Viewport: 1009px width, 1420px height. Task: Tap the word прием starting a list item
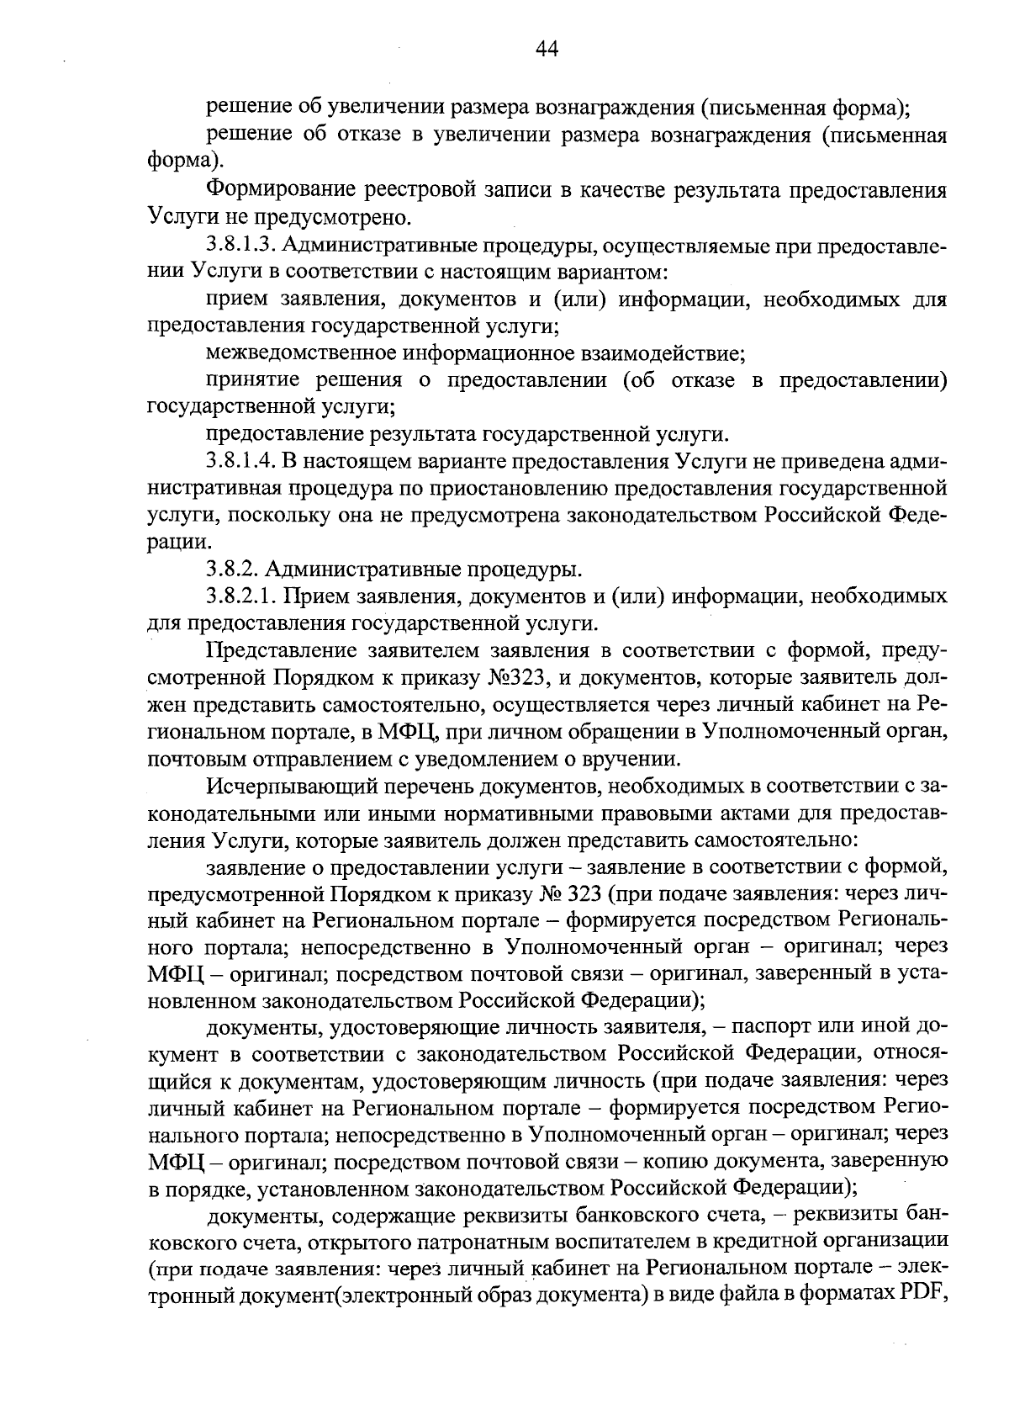coord(235,299)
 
